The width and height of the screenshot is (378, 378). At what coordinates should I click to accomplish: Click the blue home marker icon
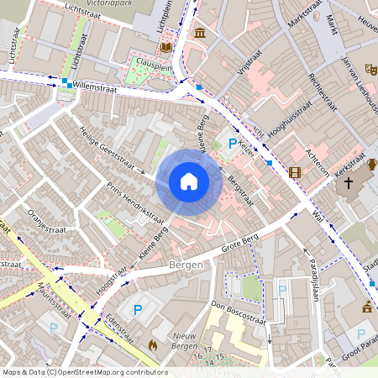(189, 181)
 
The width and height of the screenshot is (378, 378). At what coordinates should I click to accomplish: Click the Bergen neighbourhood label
(186, 265)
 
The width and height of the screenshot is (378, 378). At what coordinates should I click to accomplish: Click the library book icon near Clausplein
(166, 47)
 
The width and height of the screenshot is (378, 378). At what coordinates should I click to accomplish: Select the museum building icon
(200, 33)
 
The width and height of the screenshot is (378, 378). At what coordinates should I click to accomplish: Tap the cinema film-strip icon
(294, 172)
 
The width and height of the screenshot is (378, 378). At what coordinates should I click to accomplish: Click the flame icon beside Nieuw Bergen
(153, 344)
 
